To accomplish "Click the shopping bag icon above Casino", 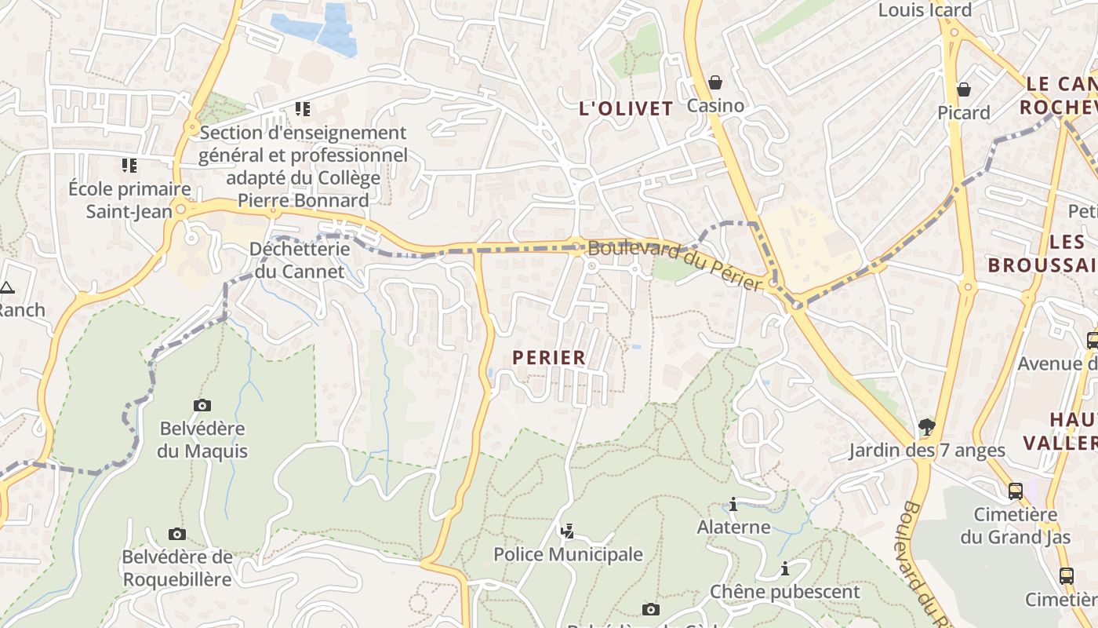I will point(715,82).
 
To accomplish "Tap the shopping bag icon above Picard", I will point(964,89).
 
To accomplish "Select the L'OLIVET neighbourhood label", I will point(626,109).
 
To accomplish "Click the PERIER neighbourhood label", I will point(549,358).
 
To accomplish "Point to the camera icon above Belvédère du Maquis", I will point(202,405).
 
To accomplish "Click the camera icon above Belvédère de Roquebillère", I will point(177,534).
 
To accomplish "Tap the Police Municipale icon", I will point(567,531).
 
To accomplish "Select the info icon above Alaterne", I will point(733,504).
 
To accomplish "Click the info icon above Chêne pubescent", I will point(784,568).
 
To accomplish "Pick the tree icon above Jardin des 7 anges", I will point(927,427).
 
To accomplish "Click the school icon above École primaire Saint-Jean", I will point(129,166).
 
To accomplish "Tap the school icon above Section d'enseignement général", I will point(303,108).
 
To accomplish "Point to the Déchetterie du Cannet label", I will point(299,260).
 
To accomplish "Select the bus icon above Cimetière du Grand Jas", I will point(1016,491).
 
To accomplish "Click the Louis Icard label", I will point(925,10).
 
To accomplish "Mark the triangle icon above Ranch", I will point(7,287).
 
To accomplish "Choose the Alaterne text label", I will point(733,527).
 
